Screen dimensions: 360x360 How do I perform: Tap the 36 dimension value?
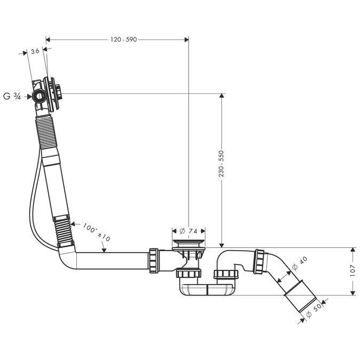(x=35, y=51)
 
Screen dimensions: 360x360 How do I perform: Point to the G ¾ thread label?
(x=12, y=97)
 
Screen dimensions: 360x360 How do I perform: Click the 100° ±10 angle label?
(x=97, y=233)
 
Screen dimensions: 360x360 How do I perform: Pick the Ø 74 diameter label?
(x=188, y=231)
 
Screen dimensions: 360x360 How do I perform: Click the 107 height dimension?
(x=352, y=271)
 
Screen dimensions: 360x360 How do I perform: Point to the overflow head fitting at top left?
(x=47, y=95)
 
